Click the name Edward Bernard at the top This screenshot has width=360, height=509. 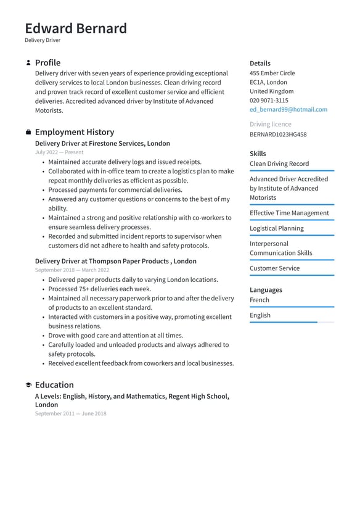pos(76,28)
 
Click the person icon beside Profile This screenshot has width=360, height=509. pos(28,63)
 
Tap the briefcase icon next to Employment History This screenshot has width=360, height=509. pos(28,132)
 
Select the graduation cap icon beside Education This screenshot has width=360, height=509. pos(28,385)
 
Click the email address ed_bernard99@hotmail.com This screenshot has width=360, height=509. pos(288,109)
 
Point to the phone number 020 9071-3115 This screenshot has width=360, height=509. pos(269,100)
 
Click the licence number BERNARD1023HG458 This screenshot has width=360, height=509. pos(278,134)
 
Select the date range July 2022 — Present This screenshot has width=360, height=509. pos(59,152)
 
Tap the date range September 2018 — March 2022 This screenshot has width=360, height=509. pos(72,270)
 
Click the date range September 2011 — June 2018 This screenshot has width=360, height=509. pos(70,413)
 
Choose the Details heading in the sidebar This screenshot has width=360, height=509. pos(260,63)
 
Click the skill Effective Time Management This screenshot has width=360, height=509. pos(289,213)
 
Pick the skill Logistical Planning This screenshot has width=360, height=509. pos(277,228)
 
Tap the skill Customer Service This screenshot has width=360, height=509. pos(274,268)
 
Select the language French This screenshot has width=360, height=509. pos(260,300)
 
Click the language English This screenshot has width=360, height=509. pos(260,315)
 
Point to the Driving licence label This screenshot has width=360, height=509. pos(271,124)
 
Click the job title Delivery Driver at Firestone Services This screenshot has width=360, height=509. pos(102,143)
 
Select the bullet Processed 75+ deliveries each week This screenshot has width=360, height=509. pos(100,289)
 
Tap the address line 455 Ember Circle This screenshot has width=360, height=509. pos(272,73)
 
